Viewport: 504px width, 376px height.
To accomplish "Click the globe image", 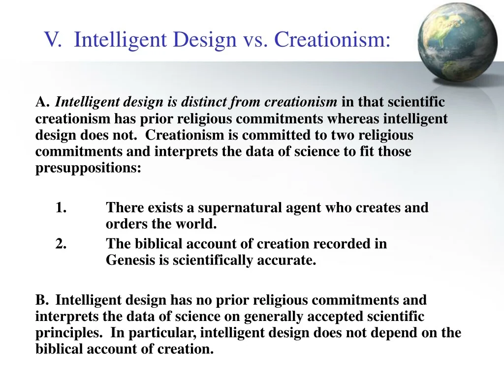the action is (x=457, y=42).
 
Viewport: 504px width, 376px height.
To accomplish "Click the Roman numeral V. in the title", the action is (x=52, y=39).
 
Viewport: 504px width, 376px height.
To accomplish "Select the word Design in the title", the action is (x=205, y=40).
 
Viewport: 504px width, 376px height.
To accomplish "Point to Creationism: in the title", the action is (x=332, y=39).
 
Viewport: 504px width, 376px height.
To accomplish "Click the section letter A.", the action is (x=42, y=102).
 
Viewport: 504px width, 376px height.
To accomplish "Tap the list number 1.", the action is (x=61, y=207).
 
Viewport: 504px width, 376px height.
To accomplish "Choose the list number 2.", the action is (x=61, y=244).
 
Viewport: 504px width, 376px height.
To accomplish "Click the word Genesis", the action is (x=130, y=260).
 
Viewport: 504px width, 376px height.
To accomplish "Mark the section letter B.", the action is (x=42, y=300).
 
